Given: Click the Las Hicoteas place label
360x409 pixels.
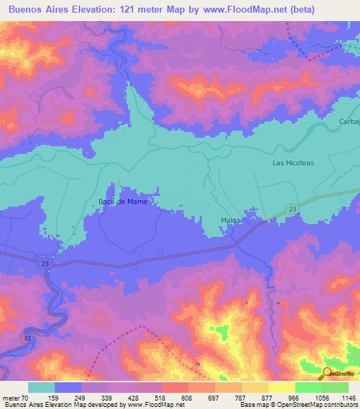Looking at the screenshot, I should (x=293, y=162).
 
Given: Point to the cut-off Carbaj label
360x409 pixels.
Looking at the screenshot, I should (x=349, y=122).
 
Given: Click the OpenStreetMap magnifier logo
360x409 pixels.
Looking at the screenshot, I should (x=327, y=374).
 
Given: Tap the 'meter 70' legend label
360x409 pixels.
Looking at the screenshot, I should (x=15, y=397).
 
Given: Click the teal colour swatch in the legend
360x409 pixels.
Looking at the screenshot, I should (x=41, y=387).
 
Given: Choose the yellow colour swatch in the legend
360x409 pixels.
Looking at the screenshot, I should (x=281, y=387).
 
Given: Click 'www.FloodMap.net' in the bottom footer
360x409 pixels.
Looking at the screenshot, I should (x=150, y=405).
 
